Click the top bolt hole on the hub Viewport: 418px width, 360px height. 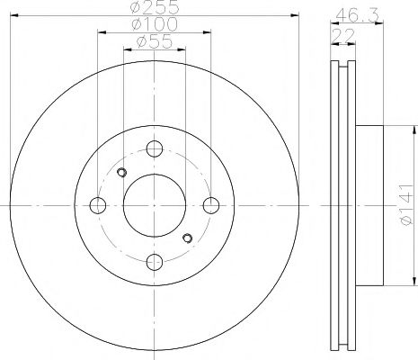point(154,150)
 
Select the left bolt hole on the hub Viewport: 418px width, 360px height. point(98,206)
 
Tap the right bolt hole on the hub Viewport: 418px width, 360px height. point(209,206)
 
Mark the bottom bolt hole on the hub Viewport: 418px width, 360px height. point(154,262)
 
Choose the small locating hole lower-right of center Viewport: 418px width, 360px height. point(186,238)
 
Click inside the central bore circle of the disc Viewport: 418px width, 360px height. point(154,206)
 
